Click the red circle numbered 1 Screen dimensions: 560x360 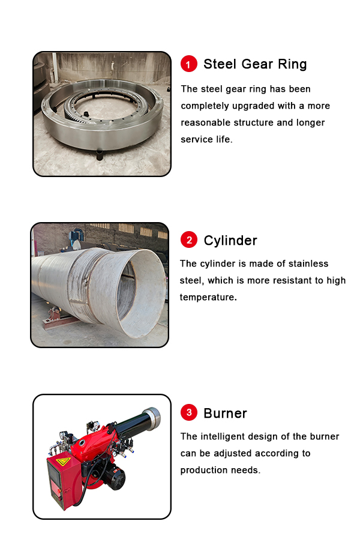click(189, 64)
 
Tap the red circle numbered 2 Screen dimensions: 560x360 click(189, 240)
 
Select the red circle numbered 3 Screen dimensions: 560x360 click(189, 412)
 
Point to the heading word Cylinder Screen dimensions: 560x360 click(230, 241)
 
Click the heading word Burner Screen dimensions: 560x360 click(225, 413)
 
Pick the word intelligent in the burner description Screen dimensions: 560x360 click(236, 436)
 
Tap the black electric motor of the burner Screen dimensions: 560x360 click(114, 477)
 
